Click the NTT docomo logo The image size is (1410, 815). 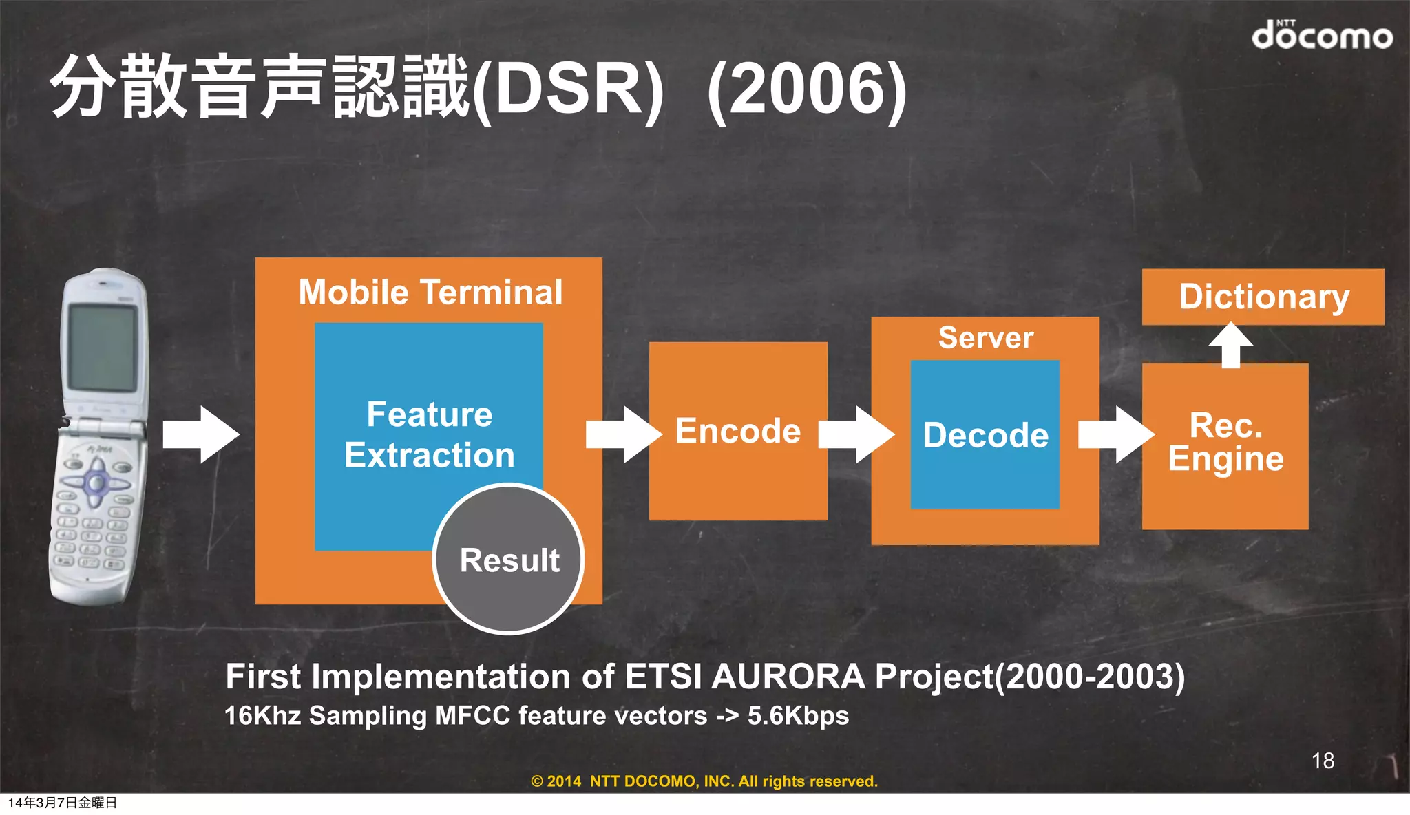[1321, 34]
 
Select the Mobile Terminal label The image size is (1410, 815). [430, 292]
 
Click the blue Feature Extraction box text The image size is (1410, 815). [429, 434]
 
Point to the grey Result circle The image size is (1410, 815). [509, 560]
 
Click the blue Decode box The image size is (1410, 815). [985, 435]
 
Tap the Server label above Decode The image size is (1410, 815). [985, 337]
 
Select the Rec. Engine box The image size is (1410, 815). [1225, 444]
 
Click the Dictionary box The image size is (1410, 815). [1263, 297]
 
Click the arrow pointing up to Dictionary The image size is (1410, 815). [1231, 344]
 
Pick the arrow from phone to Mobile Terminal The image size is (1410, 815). [201, 434]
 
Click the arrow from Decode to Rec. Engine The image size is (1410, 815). [1115, 434]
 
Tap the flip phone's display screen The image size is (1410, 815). [102, 347]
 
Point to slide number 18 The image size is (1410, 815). [1323, 761]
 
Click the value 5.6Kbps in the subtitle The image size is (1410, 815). [798, 716]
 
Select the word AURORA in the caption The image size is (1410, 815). [788, 677]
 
